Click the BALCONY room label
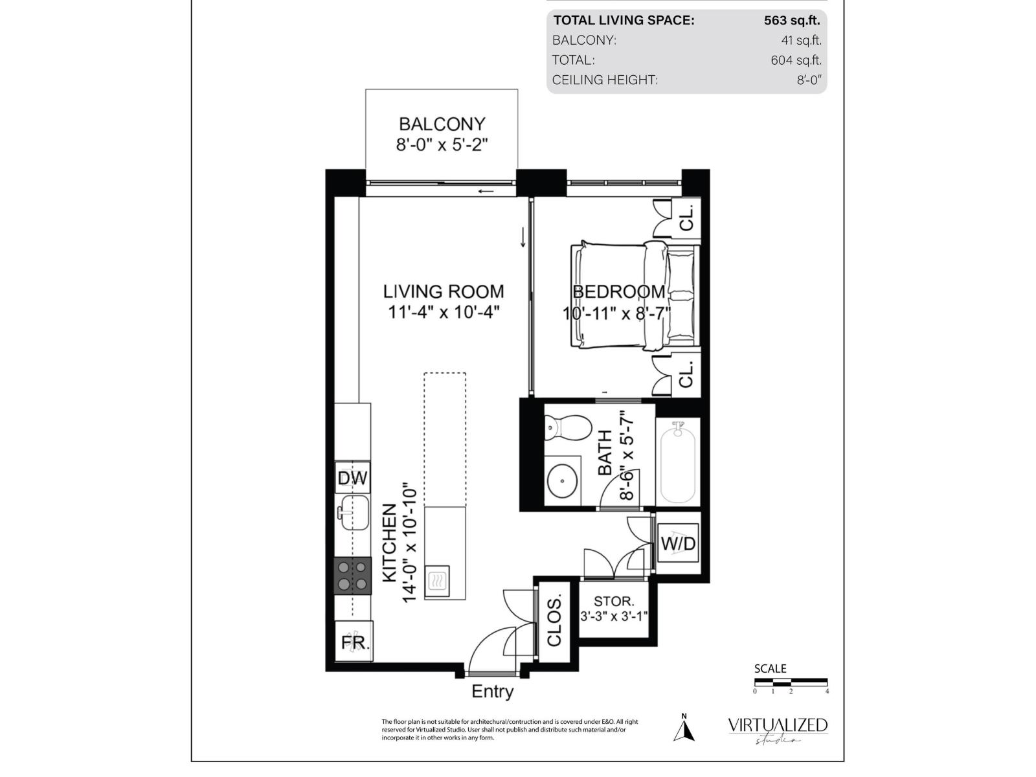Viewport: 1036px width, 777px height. (442, 124)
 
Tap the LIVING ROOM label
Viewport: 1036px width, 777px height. (443, 291)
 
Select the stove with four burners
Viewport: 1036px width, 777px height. (353, 575)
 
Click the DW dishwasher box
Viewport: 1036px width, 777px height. (353, 478)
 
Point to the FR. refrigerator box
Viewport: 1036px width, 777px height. (354, 641)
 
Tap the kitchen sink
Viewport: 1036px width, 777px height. (354, 512)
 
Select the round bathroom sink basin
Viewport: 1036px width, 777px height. (562, 480)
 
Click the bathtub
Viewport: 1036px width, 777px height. (677, 462)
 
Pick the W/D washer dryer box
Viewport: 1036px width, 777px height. (678, 543)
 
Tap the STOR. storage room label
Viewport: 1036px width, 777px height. (614, 602)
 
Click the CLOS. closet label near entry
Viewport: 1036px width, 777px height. (554, 620)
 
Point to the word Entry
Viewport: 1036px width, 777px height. (492, 692)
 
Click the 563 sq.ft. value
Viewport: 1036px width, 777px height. (792, 20)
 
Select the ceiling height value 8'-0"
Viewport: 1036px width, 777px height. (809, 80)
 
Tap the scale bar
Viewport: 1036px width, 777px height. (791, 681)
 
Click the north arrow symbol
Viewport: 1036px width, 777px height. (684, 730)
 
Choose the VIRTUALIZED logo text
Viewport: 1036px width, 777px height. (778, 725)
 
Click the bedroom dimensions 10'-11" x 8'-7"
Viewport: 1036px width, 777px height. (616, 313)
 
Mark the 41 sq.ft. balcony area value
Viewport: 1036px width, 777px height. (802, 41)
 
